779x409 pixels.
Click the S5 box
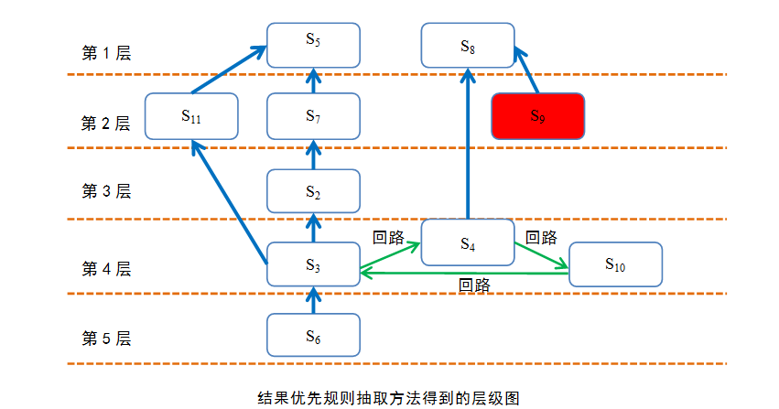(x=313, y=45)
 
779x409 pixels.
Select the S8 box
(x=468, y=45)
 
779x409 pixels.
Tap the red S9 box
(x=538, y=116)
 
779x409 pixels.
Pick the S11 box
(x=191, y=116)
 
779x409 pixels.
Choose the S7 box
(x=313, y=116)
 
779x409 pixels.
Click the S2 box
(x=313, y=191)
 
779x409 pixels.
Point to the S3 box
(x=313, y=264)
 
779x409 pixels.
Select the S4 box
(x=468, y=242)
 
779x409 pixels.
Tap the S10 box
(x=615, y=264)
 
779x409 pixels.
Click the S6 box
(x=313, y=335)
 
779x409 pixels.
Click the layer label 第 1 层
(x=106, y=53)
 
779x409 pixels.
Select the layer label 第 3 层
(x=106, y=190)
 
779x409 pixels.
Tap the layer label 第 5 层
(x=106, y=339)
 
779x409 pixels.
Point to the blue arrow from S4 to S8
(x=468, y=144)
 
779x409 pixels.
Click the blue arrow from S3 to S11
(x=230, y=202)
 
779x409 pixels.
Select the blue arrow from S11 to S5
(x=229, y=70)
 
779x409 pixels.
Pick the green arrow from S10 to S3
(x=464, y=273)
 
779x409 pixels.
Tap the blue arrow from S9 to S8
(x=526, y=70)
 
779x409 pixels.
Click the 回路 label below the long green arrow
(x=474, y=285)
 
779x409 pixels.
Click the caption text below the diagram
(x=388, y=398)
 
